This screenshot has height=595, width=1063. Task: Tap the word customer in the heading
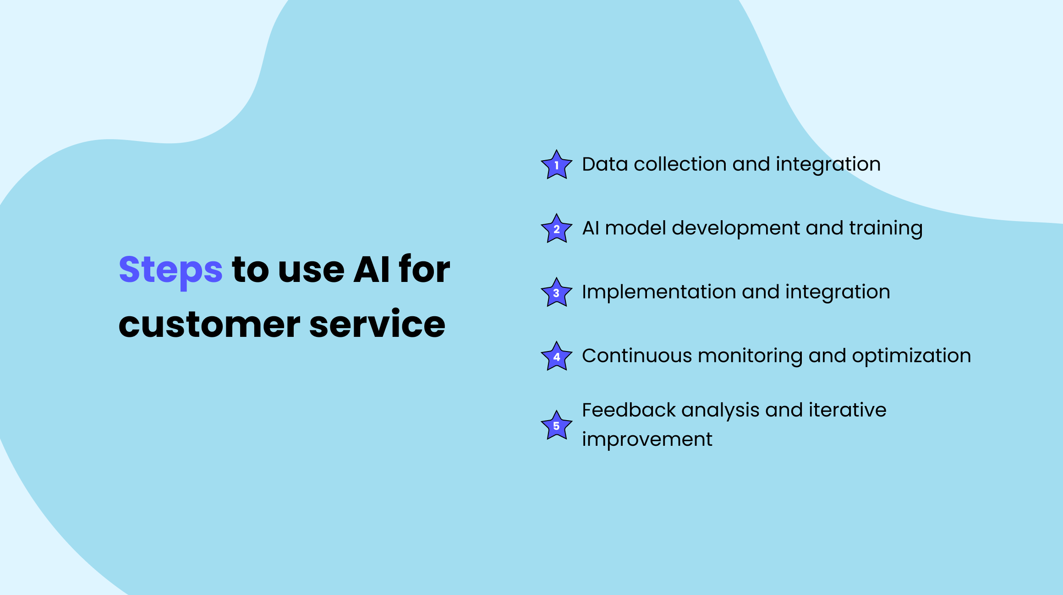[209, 324]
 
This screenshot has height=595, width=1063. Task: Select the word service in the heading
[378, 323]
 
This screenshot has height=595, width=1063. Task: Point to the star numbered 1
[557, 165]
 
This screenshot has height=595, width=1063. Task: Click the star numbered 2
[557, 229]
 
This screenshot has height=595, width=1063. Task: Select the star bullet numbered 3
[557, 292]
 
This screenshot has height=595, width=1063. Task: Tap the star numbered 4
[557, 357]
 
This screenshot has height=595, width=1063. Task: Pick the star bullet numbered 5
[557, 425]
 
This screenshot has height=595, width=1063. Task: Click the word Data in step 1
[604, 164]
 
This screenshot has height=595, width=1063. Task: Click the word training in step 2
[886, 228]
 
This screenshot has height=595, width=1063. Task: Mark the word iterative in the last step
[847, 410]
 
